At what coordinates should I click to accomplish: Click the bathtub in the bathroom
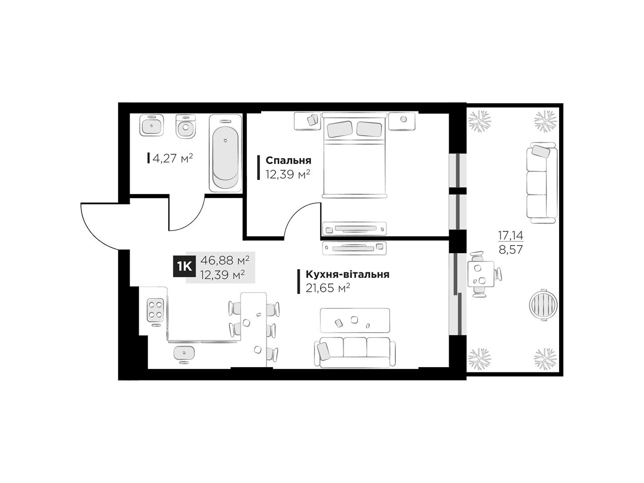[x=225, y=153]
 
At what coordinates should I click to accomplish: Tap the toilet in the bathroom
[x=185, y=126]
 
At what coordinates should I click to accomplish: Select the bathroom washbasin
[x=151, y=125]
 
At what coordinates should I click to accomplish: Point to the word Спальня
[x=288, y=161]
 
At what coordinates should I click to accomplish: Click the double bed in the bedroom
[x=355, y=155]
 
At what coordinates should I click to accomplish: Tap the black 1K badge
[x=184, y=266]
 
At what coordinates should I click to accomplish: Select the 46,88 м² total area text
[x=225, y=260]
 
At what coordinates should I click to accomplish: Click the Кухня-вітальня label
[x=347, y=275]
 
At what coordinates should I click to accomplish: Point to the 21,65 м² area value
[x=328, y=288]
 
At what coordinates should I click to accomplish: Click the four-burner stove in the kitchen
[x=155, y=310]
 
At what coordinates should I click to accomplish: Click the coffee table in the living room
[x=355, y=320]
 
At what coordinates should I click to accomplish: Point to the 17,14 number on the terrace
[x=510, y=235]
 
